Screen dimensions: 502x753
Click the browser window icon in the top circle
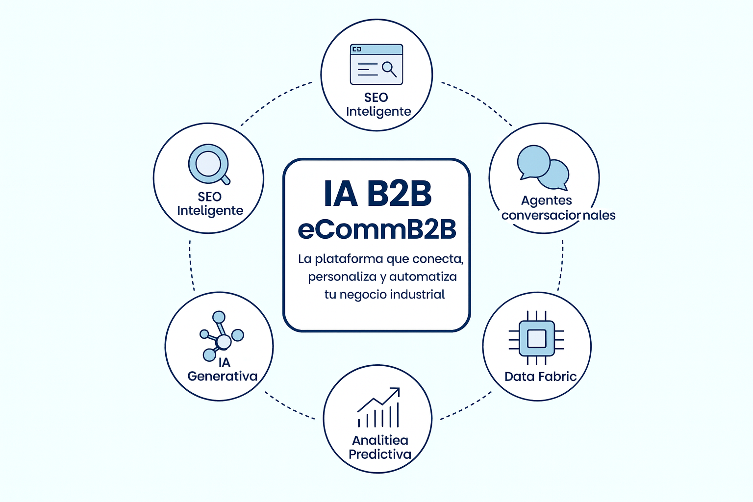376,64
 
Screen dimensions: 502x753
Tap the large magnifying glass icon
209,164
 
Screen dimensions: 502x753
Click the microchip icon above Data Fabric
536,338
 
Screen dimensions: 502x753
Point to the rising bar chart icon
378,408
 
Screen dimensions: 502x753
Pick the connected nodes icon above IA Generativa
221,336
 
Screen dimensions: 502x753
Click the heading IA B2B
377,194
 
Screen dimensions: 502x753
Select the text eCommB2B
377,229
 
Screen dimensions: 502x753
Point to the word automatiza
423,276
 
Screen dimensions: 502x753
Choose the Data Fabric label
540,376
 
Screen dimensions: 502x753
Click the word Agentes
546,201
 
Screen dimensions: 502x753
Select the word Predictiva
380,454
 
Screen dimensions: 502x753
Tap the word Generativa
223,376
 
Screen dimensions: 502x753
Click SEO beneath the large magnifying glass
209,197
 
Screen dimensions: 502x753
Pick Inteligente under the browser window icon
378,112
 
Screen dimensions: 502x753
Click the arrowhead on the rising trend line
395,392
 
